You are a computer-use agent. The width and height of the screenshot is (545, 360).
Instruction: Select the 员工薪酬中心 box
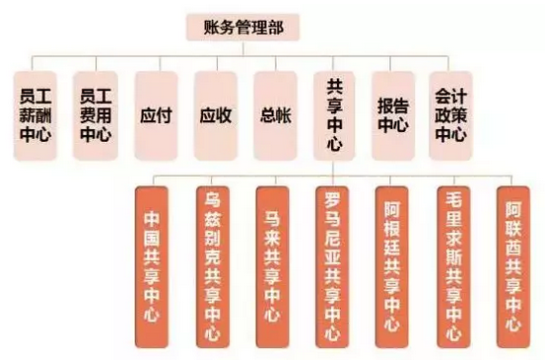click(x=39, y=115)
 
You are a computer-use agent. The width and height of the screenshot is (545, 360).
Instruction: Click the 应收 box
click(x=216, y=115)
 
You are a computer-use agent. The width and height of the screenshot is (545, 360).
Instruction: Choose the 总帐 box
click(x=275, y=115)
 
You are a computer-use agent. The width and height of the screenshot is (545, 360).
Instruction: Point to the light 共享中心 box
click(x=334, y=115)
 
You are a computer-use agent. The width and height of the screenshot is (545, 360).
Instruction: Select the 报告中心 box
click(x=393, y=115)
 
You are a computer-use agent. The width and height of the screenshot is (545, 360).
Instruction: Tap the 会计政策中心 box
click(x=450, y=115)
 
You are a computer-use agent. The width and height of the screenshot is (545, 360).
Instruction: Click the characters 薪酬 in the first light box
click(x=39, y=115)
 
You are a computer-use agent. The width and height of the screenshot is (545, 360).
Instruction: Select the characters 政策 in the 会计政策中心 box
click(x=450, y=115)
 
